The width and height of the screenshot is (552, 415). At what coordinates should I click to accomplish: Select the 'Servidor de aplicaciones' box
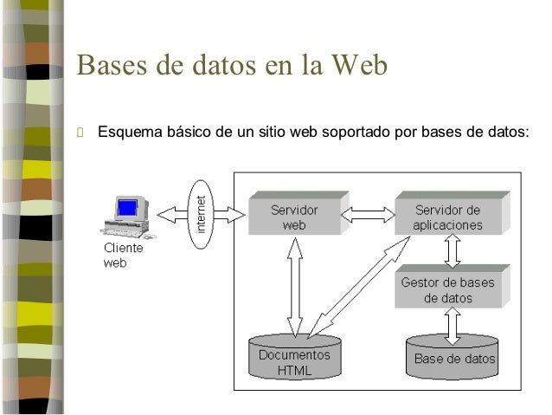(x=449, y=216)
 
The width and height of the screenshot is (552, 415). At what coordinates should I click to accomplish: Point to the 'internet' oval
(x=202, y=214)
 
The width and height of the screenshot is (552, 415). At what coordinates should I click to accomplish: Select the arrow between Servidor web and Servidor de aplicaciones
(x=367, y=211)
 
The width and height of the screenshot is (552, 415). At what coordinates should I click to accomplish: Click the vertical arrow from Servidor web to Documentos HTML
(x=295, y=287)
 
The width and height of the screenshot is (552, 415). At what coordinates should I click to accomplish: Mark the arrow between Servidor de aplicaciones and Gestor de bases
(x=452, y=250)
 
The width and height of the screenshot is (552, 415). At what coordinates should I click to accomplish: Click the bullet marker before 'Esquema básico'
(x=80, y=133)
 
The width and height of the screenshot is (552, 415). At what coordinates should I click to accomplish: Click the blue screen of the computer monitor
(x=127, y=208)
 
